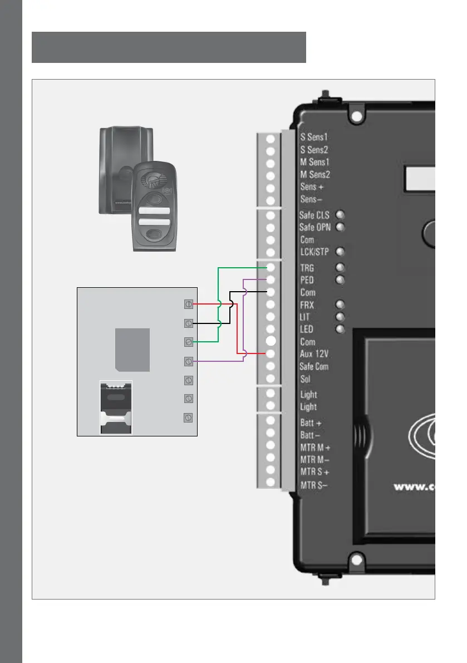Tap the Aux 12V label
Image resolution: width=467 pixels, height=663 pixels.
314,354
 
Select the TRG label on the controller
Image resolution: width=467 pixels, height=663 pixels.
307,268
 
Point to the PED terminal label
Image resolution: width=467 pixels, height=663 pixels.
307,280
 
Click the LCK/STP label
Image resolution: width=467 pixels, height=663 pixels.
314,252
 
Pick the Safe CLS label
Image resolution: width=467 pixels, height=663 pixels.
314,215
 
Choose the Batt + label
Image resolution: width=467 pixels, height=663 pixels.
311,424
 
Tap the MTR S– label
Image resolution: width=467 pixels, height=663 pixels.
314,485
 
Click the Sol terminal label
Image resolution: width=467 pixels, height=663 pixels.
305,379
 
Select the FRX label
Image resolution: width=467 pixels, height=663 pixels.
307,305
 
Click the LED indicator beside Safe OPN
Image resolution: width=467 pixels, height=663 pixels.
340,227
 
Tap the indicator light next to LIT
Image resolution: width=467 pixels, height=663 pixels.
340,317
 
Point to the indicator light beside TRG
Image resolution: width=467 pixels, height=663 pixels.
340,268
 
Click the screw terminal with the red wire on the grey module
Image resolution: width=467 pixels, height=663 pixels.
189,304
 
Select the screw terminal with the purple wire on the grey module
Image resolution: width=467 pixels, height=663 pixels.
189,362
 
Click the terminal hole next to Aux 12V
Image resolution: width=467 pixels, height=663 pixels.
271,354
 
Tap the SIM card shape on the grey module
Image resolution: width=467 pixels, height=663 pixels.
132,349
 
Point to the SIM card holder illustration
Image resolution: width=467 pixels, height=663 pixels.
116,407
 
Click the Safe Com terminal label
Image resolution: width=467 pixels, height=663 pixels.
314,367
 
